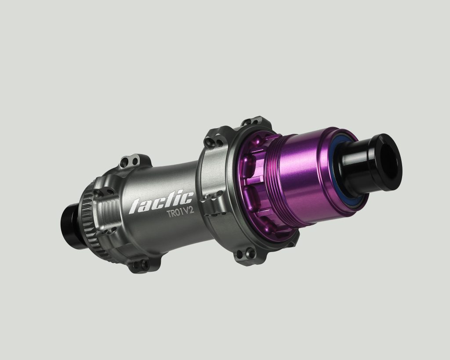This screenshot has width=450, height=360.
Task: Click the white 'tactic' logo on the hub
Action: click(x=161, y=202)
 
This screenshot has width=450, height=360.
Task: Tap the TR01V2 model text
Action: click(x=181, y=212)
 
